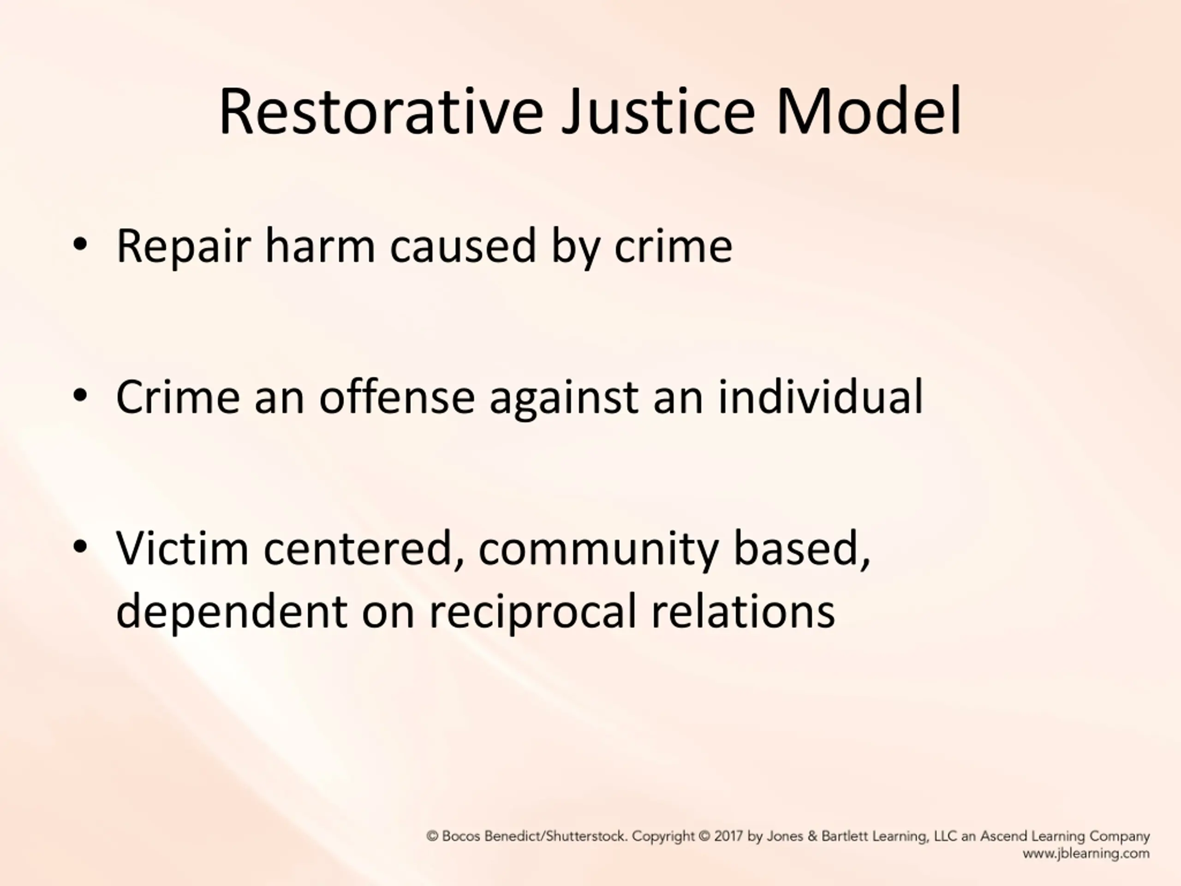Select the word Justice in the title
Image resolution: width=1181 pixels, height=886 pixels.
(x=658, y=112)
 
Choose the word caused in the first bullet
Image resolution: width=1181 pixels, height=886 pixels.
(x=463, y=245)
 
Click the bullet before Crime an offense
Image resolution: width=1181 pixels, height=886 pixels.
(x=80, y=396)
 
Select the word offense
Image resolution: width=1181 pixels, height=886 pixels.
(x=397, y=396)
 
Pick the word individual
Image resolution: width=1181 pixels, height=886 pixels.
(x=821, y=396)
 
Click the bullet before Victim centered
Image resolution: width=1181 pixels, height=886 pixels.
(x=80, y=547)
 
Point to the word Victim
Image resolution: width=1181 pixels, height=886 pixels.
(x=182, y=548)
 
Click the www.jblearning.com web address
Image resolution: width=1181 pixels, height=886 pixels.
(x=1086, y=853)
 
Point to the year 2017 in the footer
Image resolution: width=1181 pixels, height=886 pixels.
(x=729, y=836)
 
